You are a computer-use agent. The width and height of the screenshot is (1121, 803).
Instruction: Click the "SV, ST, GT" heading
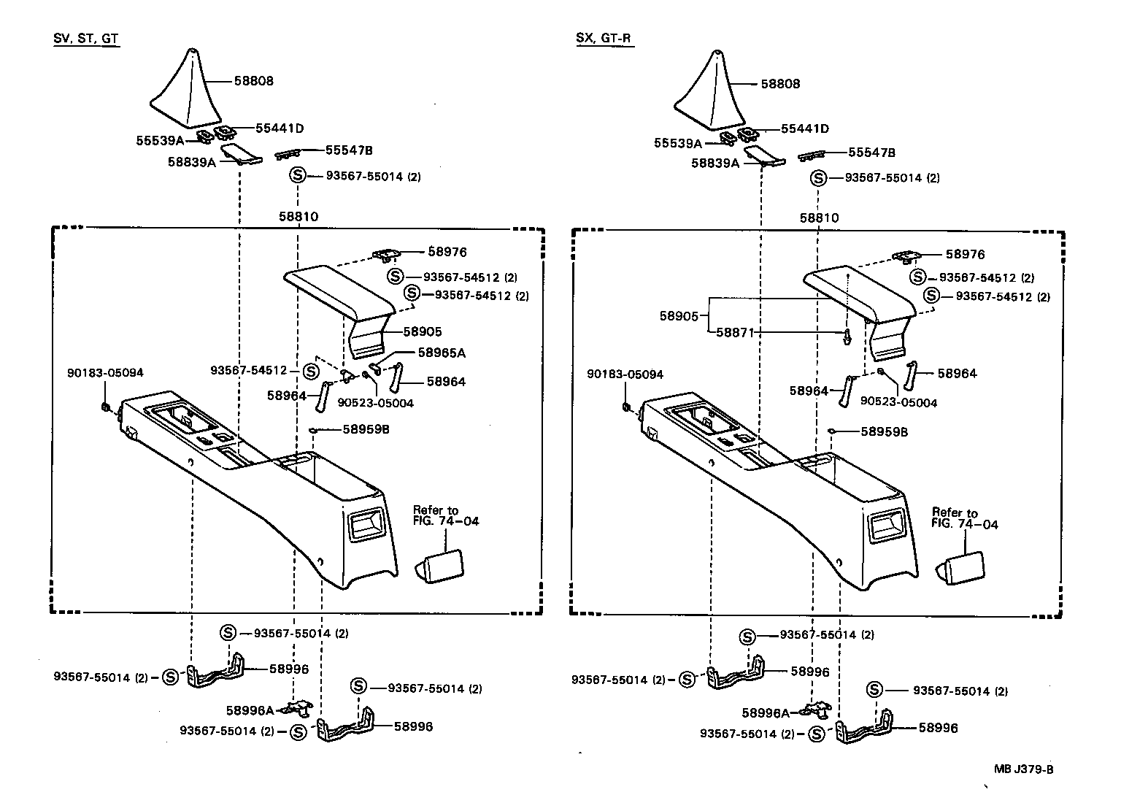[86, 39]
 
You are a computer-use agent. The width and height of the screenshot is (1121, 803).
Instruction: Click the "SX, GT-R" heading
[604, 39]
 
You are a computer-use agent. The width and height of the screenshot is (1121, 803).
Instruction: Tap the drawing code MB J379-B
[1023, 769]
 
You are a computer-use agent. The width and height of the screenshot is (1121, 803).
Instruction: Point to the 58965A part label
[441, 353]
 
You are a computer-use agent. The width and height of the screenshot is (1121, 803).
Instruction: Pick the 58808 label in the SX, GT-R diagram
[780, 84]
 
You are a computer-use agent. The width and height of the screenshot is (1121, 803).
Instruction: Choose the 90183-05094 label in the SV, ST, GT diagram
[105, 373]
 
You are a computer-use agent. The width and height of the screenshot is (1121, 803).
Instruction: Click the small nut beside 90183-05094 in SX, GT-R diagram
[625, 406]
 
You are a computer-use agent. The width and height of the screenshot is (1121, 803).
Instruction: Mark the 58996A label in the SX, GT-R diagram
[766, 712]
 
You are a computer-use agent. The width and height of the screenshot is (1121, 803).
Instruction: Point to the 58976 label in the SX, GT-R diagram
[965, 255]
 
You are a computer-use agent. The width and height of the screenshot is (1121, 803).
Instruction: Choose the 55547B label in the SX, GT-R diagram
[871, 153]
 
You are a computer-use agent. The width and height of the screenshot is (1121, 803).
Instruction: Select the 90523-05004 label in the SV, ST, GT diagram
[375, 403]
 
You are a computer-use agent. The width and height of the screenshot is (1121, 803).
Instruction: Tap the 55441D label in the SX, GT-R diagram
[804, 128]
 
